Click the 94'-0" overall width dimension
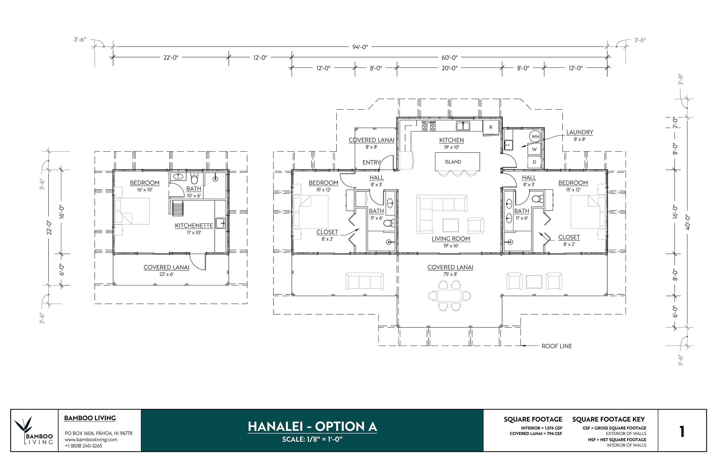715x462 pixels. click(360, 47)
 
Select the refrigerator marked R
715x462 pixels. click(491, 127)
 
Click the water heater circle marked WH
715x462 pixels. click(535, 137)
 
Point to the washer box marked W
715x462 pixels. click(534, 149)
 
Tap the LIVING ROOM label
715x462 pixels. click(451, 239)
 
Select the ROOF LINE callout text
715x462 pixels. click(557, 346)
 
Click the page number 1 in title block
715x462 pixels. click(682, 432)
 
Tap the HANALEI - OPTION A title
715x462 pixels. click(312, 427)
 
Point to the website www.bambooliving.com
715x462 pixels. click(91, 439)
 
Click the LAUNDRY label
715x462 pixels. click(580, 132)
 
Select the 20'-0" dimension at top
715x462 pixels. click(450, 68)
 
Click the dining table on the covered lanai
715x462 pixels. click(450, 296)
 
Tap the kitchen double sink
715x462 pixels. click(463, 126)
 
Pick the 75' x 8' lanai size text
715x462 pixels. click(450, 274)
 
